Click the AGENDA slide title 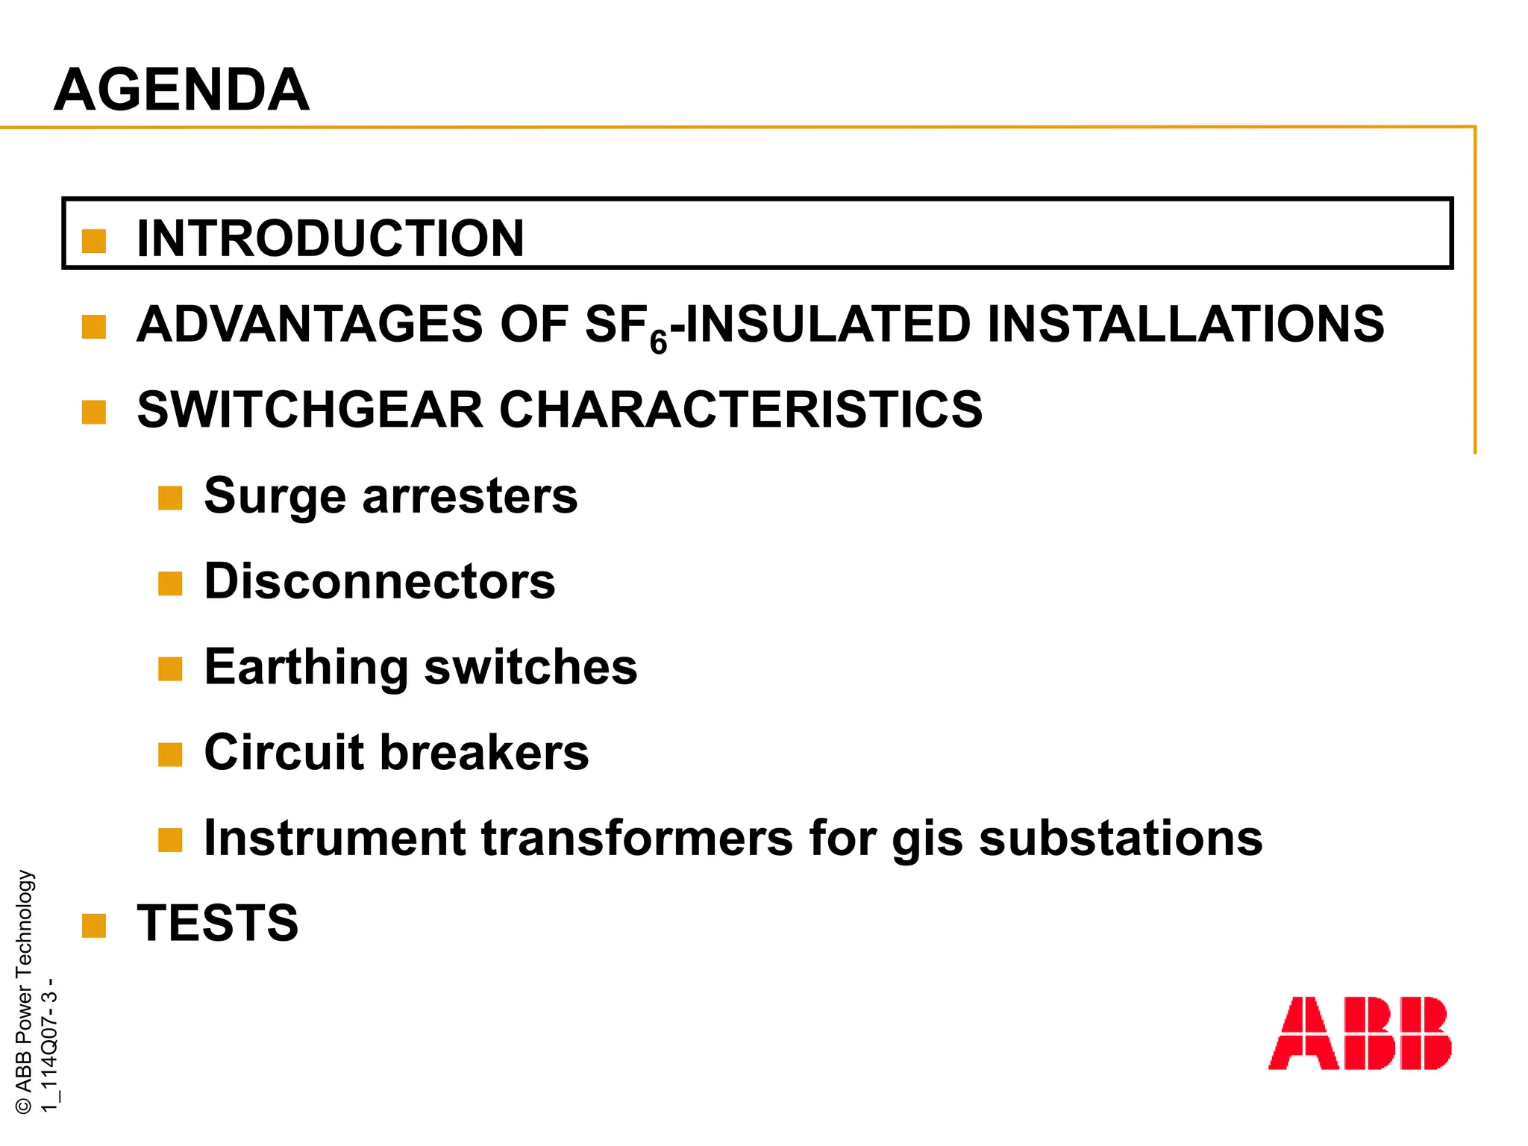[x=181, y=90]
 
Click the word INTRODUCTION [x=331, y=239]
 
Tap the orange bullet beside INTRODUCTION [x=94, y=241]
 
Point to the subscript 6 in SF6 [x=658, y=342]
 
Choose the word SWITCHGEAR [x=310, y=410]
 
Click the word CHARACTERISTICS [x=740, y=410]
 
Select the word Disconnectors [x=380, y=581]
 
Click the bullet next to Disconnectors [x=170, y=583]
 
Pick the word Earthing [x=306, y=667]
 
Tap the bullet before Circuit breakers [x=170, y=754]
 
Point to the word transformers [x=636, y=837]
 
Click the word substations [x=1121, y=837]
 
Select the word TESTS [x=218, y=923]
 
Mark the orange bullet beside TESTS [x=94, y=925]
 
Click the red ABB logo [x=1359, y=1033]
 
